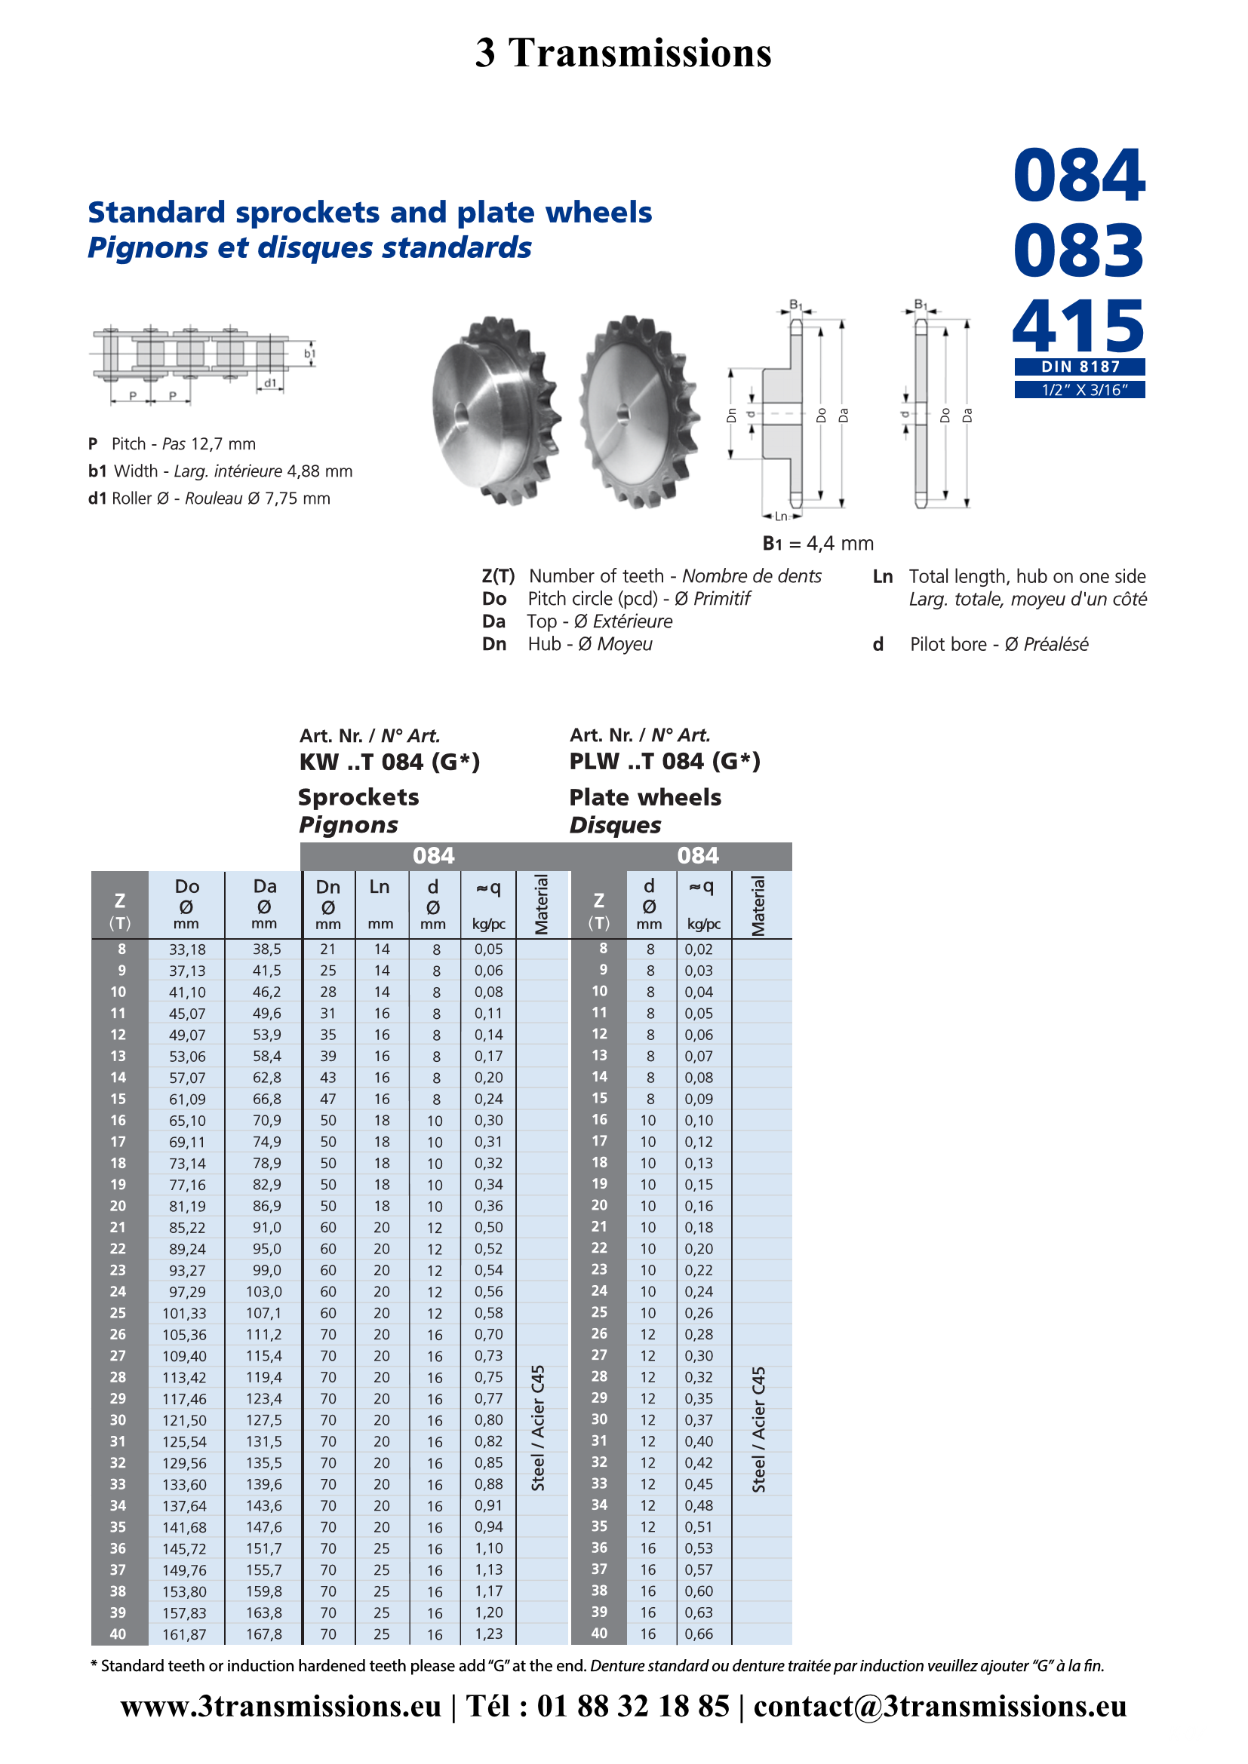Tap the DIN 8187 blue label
click(1080, 367)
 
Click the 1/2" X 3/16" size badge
click(1080, 389)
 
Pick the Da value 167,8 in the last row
click(263, 1634)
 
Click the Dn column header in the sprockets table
click(328, 904)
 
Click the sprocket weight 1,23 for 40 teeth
click(489, 1634)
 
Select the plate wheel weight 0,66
click(699, 1634)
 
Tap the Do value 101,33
click(184, 1313)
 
